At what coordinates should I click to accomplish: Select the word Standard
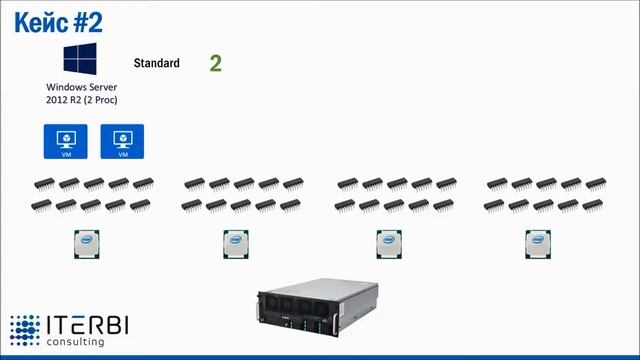coord(156,63)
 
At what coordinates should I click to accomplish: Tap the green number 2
coord(215,63)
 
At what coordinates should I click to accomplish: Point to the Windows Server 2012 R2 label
coord(81,94)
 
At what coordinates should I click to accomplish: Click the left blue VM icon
coord(66,141)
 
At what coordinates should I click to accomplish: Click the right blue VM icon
coord(122,141)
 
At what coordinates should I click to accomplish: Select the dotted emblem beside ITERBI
coord(25,331)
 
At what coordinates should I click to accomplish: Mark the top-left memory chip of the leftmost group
coord(44,184)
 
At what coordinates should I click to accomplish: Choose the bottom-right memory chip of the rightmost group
coord(593,205)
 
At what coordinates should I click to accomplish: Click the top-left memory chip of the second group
coord(194,184)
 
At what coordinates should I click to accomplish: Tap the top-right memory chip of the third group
coord(446,184)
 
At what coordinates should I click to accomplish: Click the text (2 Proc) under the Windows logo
coord(98,101)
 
